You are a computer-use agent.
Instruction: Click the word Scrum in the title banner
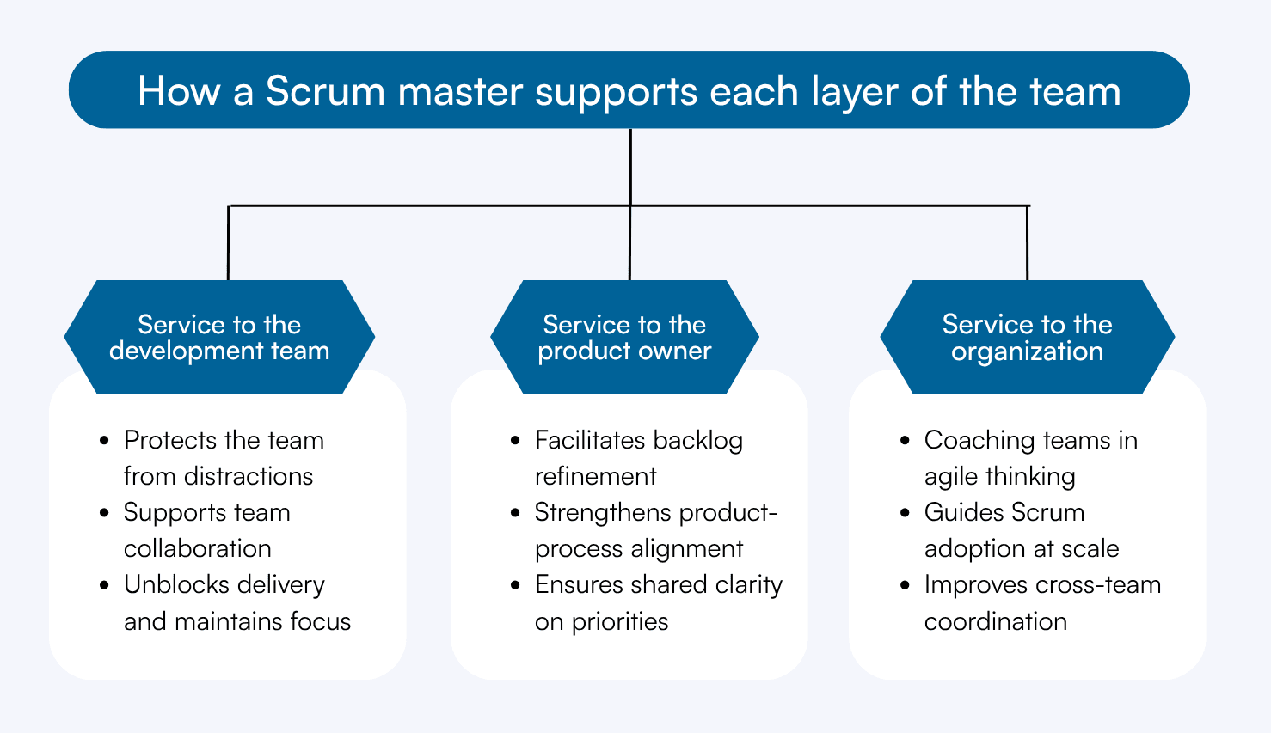(325, 91)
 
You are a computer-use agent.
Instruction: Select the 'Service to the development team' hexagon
(219, 337)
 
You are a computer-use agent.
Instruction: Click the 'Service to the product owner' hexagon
(624, 337)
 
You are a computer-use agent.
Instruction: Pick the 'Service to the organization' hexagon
(1027, 337)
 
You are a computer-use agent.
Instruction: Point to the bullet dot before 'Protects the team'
(105, 441)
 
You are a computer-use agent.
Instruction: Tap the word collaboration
(197, 548)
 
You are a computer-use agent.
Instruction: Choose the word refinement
(595, 476)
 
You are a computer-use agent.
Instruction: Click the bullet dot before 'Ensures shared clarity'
(515, 585)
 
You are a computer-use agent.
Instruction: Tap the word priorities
(619, 621)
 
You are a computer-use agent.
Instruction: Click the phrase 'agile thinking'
(999, 476)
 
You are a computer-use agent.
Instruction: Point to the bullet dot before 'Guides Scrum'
(905, 513)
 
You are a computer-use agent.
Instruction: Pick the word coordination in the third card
(995, 621)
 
